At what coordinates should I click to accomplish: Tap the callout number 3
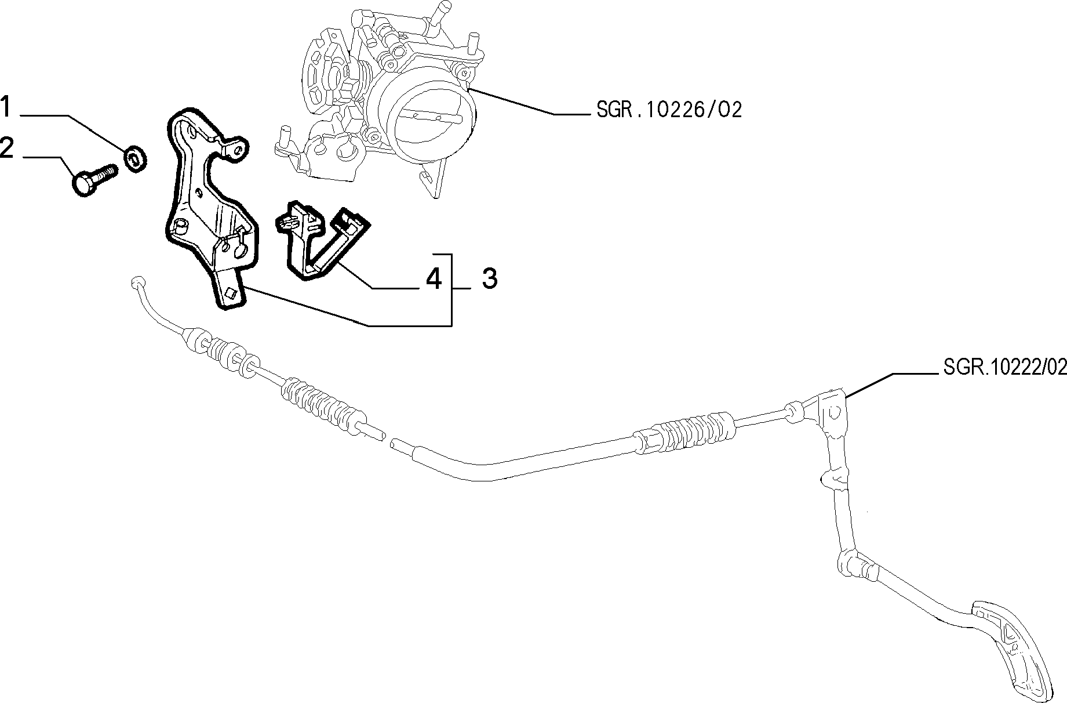[489, 279]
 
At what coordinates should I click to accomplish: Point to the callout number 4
[434, 279]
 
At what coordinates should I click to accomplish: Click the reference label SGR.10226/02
[669, 110]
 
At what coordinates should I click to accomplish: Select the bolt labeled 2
[95, 179]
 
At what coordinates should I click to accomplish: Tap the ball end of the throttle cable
[137, 282]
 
